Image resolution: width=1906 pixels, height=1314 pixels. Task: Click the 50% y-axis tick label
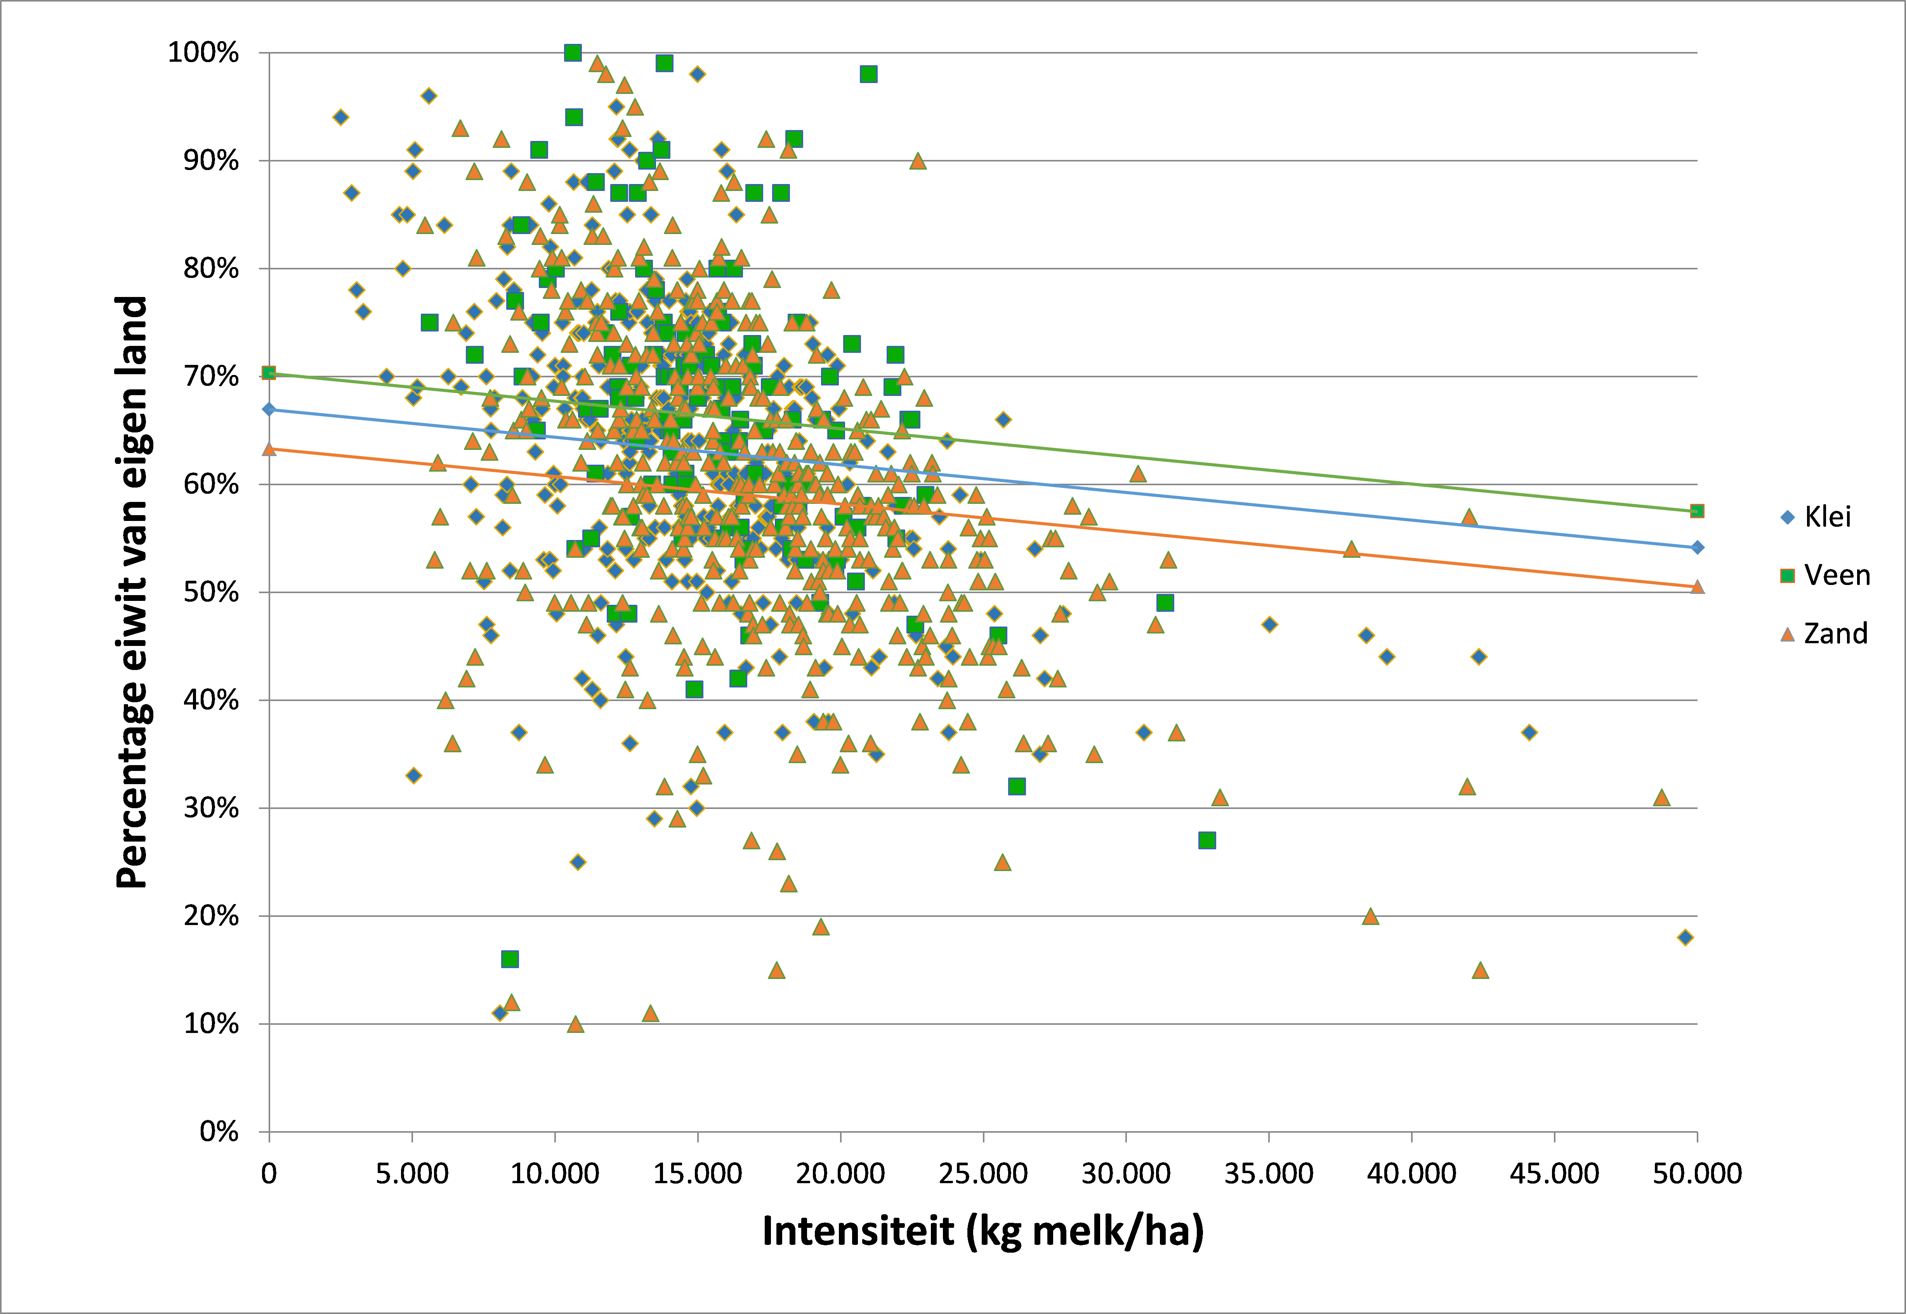point(211,592)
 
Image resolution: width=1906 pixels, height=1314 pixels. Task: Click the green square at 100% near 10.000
point(573,53)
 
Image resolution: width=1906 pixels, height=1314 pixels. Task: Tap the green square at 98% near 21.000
point(868,74)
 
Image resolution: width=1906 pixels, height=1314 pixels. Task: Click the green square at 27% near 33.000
point(1207,840)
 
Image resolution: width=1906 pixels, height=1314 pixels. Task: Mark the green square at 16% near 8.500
point(510,958)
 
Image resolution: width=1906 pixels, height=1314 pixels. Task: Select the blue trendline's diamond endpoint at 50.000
point(1697,547)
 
